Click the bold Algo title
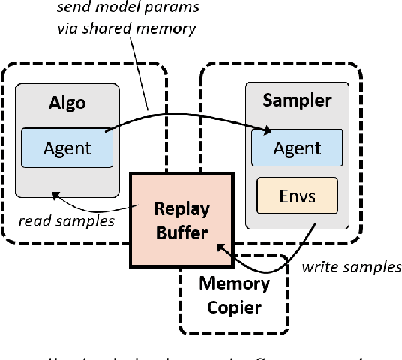(x=67, y=102)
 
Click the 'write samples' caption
(x=350, y=267)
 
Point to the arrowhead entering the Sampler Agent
(x=267, y=133)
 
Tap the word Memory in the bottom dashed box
(x=234, y=284)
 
